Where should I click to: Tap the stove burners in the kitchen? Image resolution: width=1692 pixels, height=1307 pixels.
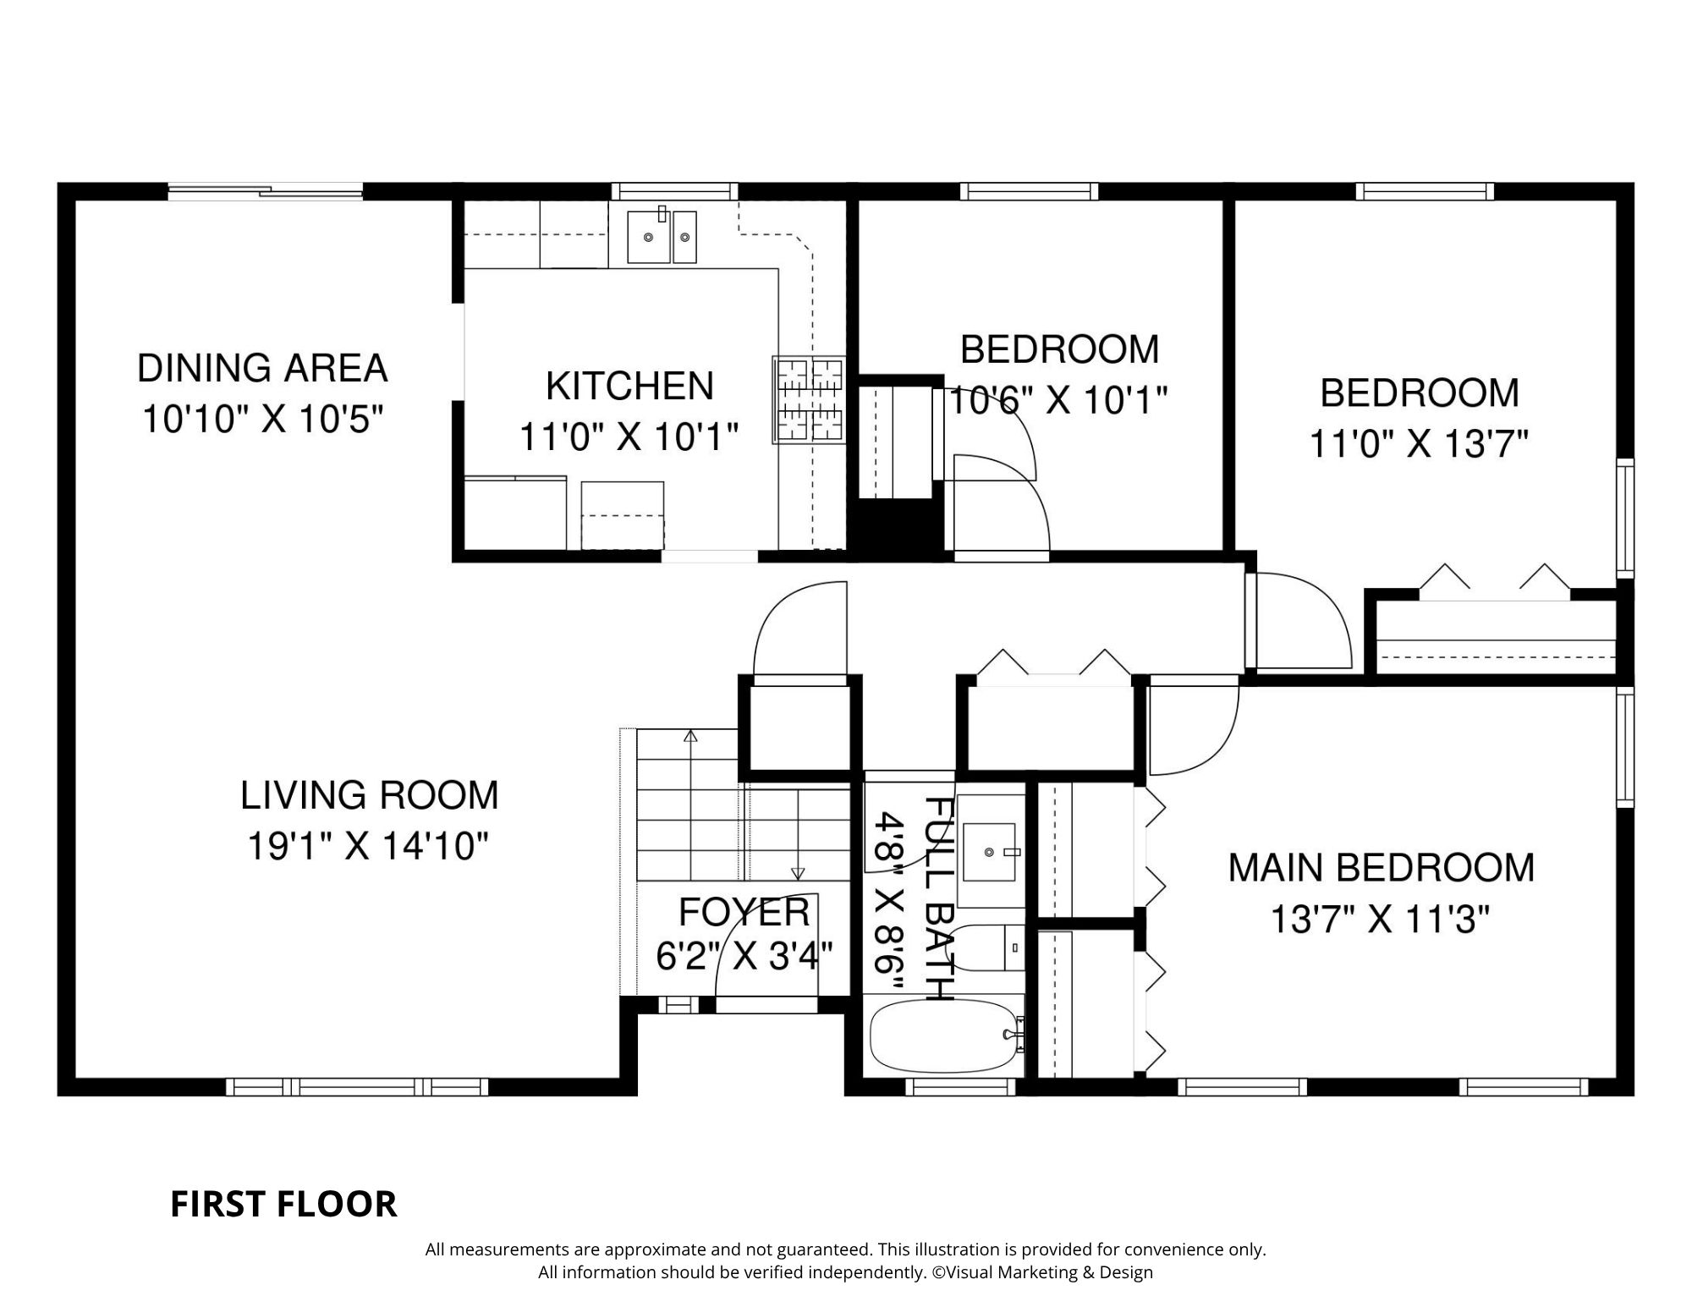pyautogui.click(x=809, y=400)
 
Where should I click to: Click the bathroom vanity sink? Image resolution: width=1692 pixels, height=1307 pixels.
pyautogui.click(x=990, y=851)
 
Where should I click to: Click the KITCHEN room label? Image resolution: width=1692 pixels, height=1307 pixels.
pyautogui.click(x=630, y=386)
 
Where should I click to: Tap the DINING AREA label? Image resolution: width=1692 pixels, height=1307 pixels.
pyautogui.click(x=262, y=368)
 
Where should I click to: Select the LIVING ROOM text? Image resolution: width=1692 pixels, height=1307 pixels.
pyautogui.click(x=370, y=795)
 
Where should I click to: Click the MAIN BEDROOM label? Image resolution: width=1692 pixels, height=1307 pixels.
pyautogui.click(x=1381, y=868)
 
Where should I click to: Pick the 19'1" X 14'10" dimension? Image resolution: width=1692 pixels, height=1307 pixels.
pyautogui.click(x=368, y=846)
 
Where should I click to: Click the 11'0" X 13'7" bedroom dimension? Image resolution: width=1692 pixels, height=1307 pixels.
pyautogui.click(x=1419, y=443)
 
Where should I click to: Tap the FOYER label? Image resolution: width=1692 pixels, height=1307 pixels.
pyautogui.click(x=744, y=912)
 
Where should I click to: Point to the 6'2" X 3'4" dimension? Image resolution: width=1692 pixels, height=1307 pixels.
pyautogui.click(x=744, y=957)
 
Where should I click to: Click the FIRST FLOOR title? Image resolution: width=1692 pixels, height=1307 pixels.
pyautogui.click(x=283, y=1205)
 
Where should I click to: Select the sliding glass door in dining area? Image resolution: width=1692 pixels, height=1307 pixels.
pyautogui.click(x=266, y=191)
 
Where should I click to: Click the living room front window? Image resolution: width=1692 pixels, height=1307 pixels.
pyautogui.click(x=357, y=1086)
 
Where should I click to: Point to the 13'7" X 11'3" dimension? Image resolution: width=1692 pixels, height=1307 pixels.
pyautogui.click(x=1380, y=919)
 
